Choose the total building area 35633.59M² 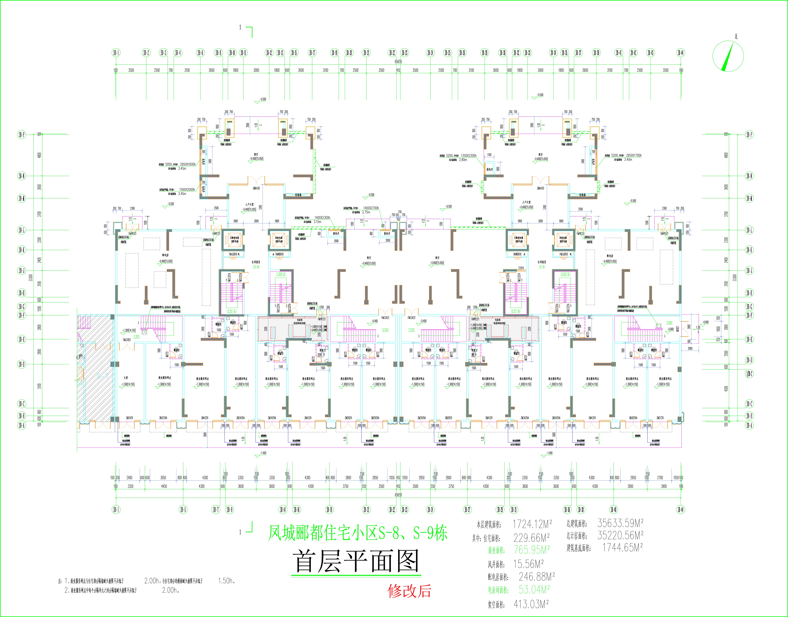(x=620, y=523)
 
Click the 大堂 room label (x=126, y=378)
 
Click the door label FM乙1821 (x=126, y=340)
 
